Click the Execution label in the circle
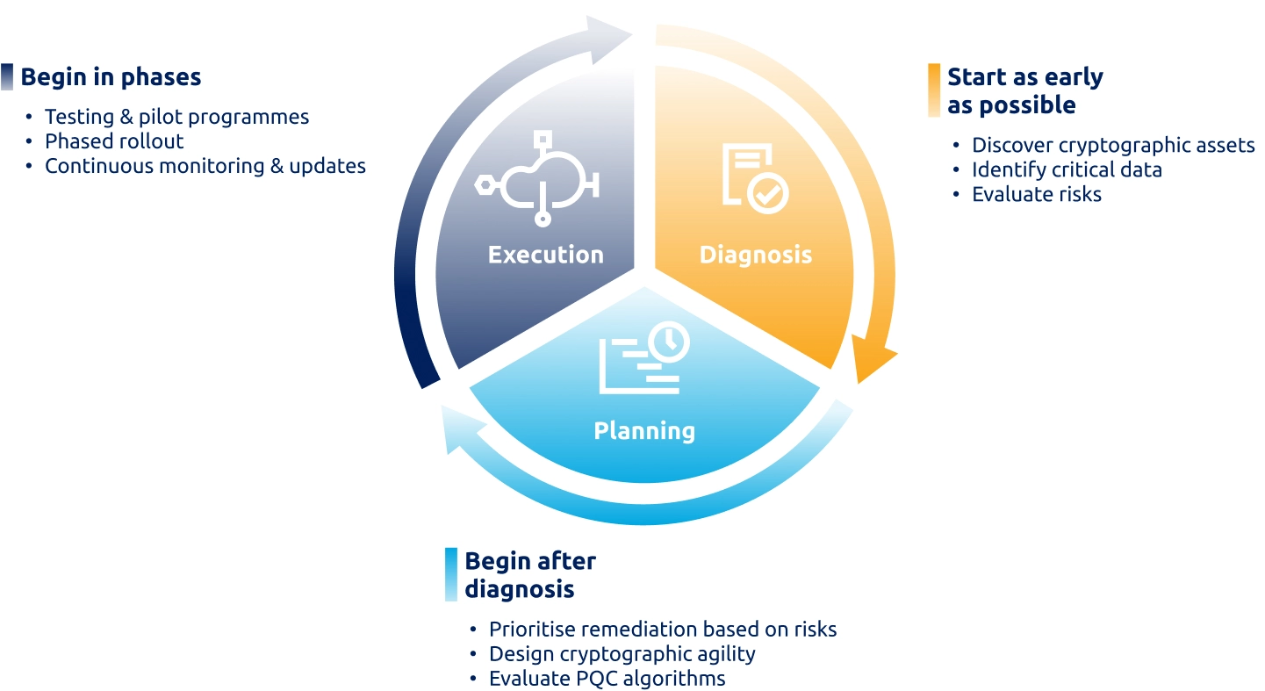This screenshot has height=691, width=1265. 545,255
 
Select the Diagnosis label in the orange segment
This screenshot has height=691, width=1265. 755,255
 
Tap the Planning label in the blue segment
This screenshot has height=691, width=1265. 644,430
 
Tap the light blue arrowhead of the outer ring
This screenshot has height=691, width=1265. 460,429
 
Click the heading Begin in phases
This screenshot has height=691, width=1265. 111,77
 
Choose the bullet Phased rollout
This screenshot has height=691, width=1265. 114,141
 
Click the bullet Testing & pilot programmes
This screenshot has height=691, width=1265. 176,117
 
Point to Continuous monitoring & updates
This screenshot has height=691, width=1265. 205,166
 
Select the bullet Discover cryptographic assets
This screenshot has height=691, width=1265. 1112,146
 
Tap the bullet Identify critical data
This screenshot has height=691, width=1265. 1066,169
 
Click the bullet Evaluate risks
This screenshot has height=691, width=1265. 1036,194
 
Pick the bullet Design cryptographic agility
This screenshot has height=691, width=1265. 622,654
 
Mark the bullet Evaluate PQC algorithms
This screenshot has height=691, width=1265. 607,679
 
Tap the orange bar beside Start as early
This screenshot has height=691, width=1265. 934,90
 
